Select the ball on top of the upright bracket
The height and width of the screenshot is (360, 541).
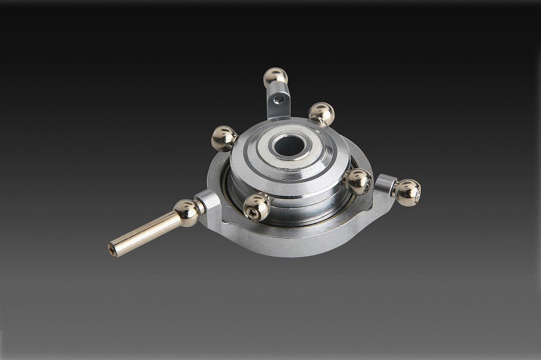pyautogui.click(x=275, y=77)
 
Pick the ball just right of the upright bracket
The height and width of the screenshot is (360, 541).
pyautogui.click(x=321, y=113)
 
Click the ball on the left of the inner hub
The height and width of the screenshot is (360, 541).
pyautogui.click(x=224, y=138)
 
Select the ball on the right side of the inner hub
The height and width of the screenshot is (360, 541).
pyautogui.click(x=358, y=182)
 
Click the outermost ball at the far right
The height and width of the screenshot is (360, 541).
pyautogui.click(x=408, y=192)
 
